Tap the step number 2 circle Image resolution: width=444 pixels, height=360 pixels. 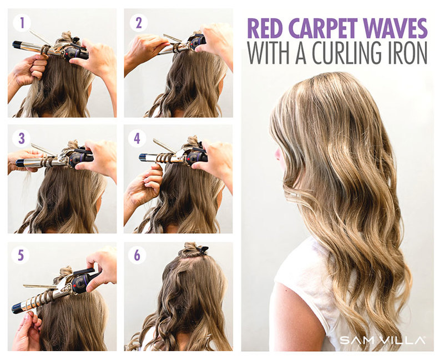coord(137,23)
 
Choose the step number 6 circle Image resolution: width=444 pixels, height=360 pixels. coord(137,256)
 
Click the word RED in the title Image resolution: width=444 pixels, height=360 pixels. coord(268,28)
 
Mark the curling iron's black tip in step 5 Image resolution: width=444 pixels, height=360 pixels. coord(17,308)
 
